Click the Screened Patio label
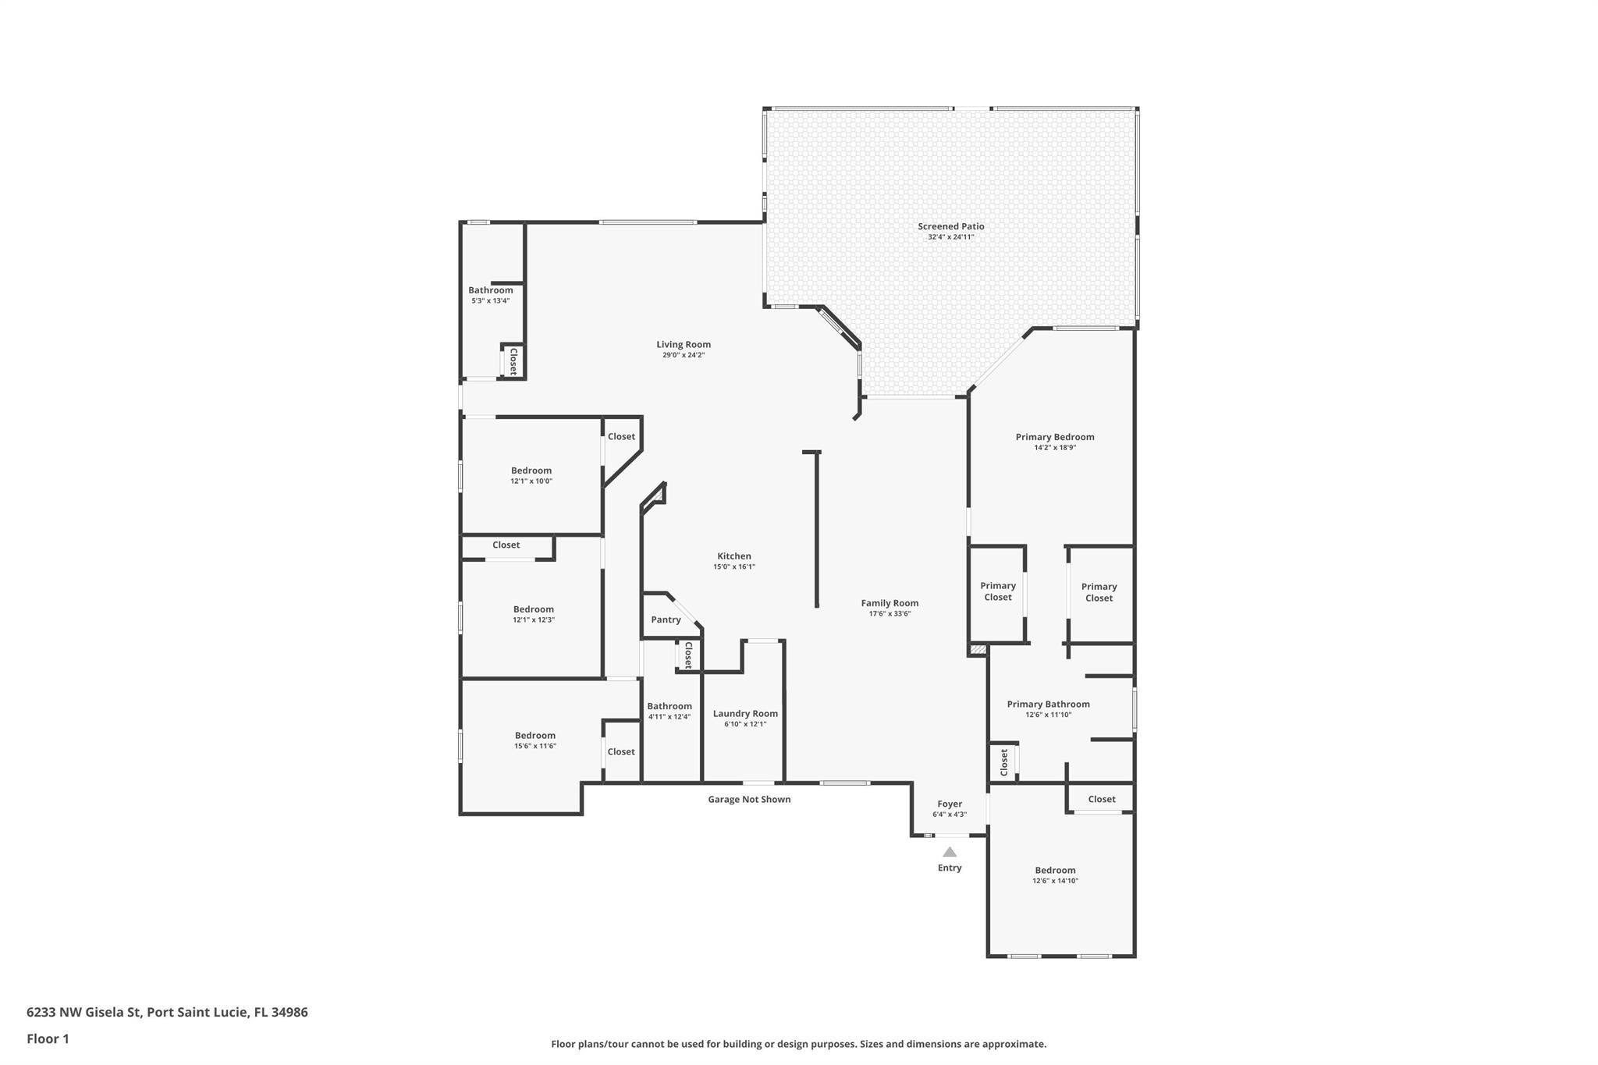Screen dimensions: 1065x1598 pos(950,226)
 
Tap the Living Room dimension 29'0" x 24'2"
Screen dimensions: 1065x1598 pos(683,355)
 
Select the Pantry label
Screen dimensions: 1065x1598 pos(666,619)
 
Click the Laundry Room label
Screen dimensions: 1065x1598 pos(745,713)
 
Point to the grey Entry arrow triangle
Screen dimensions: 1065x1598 pos(950,852)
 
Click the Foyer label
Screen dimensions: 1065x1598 pos(950,804)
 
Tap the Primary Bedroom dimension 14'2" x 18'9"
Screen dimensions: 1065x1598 pos(1055,448)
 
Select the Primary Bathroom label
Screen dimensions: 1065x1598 pos(1048,704)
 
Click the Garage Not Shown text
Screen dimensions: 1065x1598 pos(749,799)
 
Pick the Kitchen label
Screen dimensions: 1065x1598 pos(734,556)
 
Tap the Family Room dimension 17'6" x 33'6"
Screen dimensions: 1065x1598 pos(890,614)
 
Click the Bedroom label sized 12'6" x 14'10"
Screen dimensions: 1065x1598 pos(1055,870)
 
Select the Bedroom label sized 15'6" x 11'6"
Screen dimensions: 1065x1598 pos(534,735)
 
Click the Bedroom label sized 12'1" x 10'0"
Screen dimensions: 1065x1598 pos(531,470)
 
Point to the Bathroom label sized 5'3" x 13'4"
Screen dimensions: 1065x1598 pos(490,290)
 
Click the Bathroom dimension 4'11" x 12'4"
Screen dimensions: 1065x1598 pos(669,717)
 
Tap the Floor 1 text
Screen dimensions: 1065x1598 pos(48,1038)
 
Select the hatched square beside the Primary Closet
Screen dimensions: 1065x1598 pos(977,649)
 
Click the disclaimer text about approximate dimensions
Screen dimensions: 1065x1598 pos(798,1044)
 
